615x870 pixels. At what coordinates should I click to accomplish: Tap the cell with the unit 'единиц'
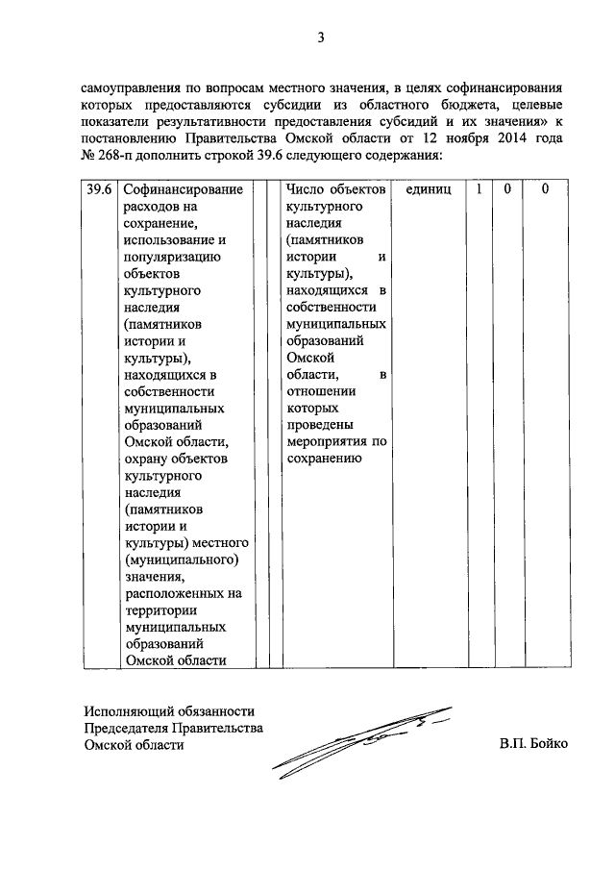[x=428, y=190]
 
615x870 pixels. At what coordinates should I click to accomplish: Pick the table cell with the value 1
[x=478, y=190]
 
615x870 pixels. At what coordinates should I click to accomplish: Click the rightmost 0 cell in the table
[x=544, y=190]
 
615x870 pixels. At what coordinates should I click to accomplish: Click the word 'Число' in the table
[x=306, y=190]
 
